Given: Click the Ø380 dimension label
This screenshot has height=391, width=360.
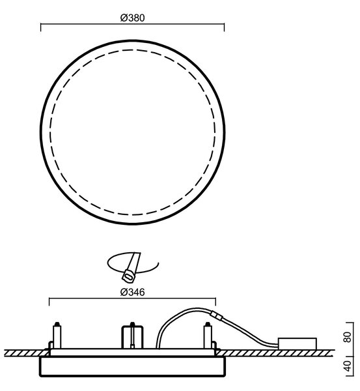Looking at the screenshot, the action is click(132, 18).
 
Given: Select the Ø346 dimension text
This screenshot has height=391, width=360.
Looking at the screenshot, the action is click(132, 292).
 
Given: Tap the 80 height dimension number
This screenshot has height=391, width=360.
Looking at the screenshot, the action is click(348, 337).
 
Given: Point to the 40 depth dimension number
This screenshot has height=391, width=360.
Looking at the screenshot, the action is click(348, 366).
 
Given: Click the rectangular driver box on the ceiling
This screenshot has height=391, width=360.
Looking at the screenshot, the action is click(297, 344).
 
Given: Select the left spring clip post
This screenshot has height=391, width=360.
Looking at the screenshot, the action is click(57, 336).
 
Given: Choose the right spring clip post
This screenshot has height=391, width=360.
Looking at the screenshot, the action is click(207, 336).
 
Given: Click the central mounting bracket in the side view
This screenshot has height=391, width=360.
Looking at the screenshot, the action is click(132, 337).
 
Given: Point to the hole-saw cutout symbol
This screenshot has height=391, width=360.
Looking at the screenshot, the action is click(132, 267).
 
